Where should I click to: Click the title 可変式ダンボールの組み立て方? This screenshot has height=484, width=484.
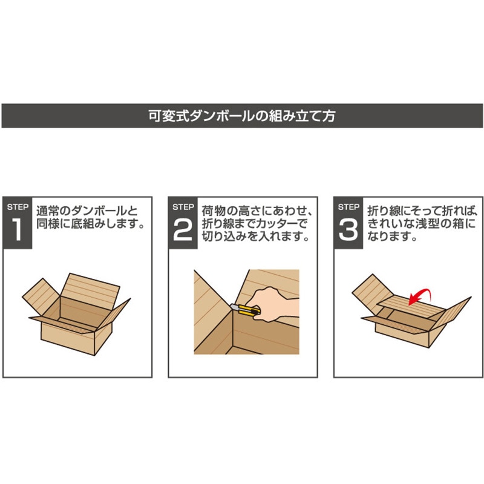pyautogui.click(x=241, y=116)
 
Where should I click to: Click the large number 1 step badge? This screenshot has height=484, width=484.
pyautogui.click(x=18, y=223)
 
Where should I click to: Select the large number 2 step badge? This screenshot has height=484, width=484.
pyautogui.click(x=183, y=223)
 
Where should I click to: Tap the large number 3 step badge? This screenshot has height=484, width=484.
pyautogui.click(x=348, y=223)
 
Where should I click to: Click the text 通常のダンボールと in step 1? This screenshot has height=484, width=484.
pyautogui.click(x=87, y=211)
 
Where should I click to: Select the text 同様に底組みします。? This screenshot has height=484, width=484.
pyautogui.click(x=90, y=224)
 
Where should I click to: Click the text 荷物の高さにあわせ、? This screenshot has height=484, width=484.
pyautogui.click(x=257, y=211)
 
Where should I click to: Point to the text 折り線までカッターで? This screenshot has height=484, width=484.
pyautogui.click(x=255, y=224)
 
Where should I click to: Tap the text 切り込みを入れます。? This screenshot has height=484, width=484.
pyautogui.click(x=255, y=237)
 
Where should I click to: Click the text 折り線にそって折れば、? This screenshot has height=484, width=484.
pyautogui.click(x=422, y=211)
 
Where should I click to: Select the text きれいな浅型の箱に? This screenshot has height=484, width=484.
pyautogui.click(x=421, y=224)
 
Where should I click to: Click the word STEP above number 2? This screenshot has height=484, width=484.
pyautogui.click(x=183, y=207)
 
